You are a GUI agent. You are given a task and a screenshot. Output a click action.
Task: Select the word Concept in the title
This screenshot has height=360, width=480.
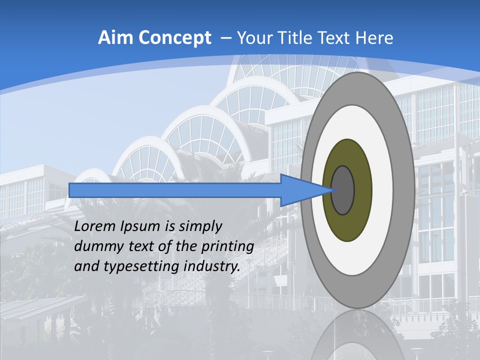pyautogui.click(x=173, y=38)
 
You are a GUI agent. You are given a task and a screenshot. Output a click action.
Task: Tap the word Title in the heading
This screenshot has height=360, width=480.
pyautogui.click(x=297, y=38)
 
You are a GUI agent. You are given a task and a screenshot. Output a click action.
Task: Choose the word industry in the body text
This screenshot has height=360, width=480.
pyautogui.click(x=211, y=266)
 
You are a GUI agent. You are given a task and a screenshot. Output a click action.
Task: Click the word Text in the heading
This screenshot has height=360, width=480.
pyautogui.click(x=338, y=38)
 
